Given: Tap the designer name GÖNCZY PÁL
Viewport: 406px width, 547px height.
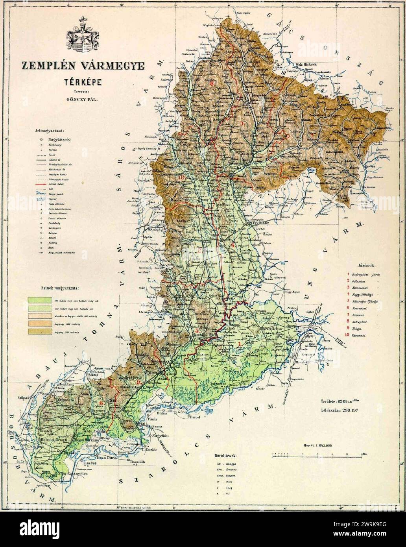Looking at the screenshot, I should click(x=81, y=100).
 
